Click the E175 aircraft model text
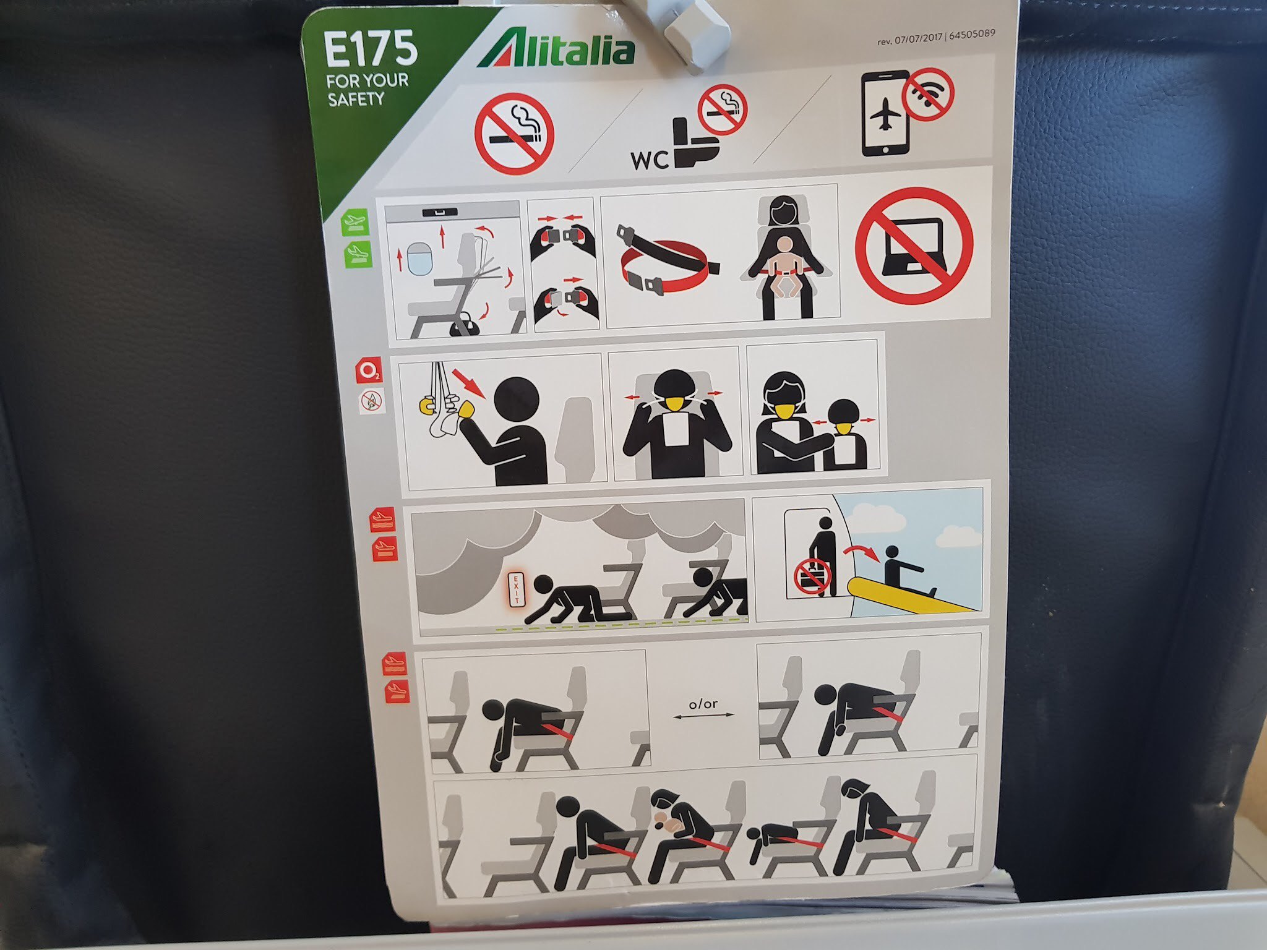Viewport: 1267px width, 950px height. click(371, 49)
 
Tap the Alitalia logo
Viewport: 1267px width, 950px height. click(555, 47)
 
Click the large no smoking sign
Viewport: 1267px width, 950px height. click(514, 134)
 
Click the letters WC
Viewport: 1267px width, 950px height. click(650, 161)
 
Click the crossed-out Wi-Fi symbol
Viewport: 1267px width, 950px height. click(927, 93)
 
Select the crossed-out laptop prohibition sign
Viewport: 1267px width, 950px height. click(914, 246)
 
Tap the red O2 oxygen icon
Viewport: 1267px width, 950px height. click(369, 371)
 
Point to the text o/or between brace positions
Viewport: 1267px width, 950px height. click(703, 704)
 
